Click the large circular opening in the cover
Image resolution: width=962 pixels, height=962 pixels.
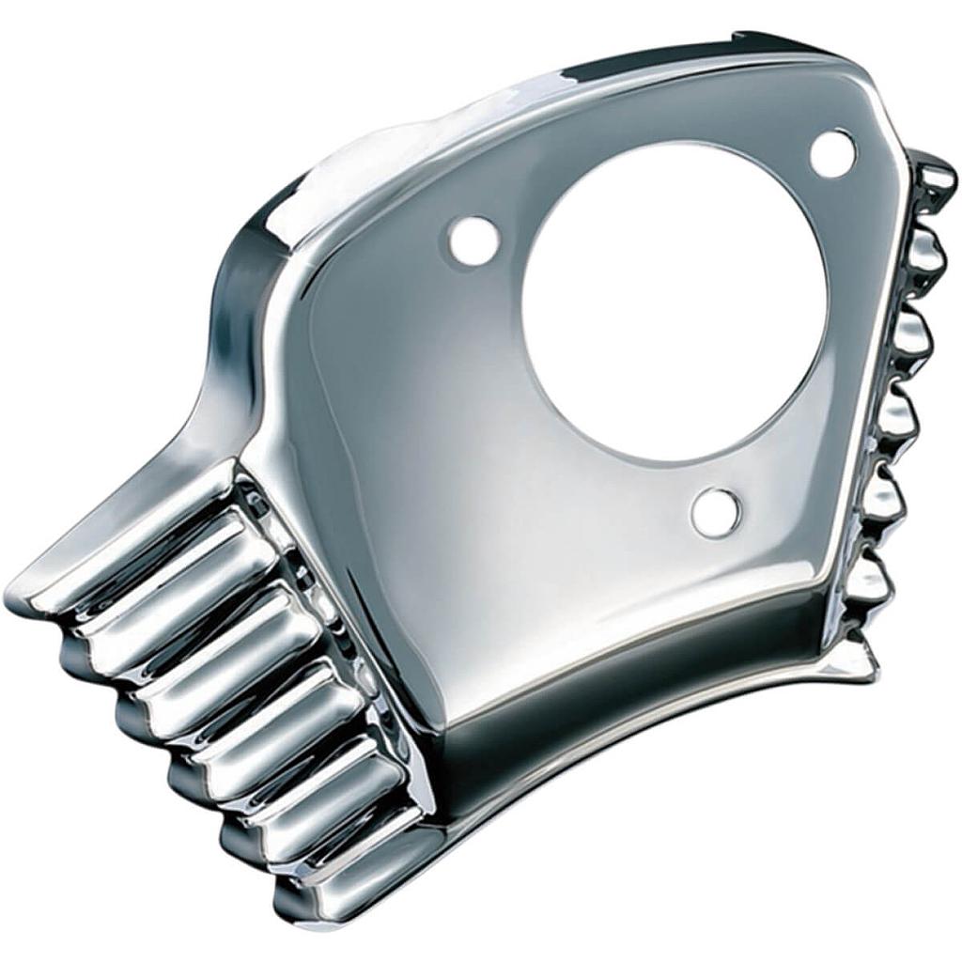(675, 301)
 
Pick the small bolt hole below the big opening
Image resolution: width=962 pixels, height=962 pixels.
(715, 512)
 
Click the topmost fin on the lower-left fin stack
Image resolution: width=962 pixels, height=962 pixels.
(141, 554)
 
